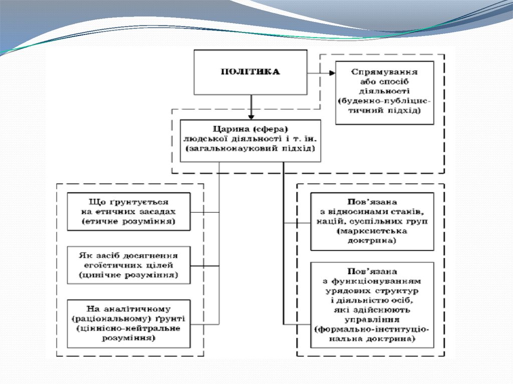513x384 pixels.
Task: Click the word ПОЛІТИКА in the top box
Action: point(250,72)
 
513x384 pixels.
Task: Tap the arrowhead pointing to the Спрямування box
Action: point(332,73)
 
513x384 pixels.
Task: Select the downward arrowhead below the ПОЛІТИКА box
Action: point(250,114)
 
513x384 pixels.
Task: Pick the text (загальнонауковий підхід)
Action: point(250,149)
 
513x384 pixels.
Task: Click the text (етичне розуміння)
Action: point(129,221)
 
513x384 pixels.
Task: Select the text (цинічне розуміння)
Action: point(129,275)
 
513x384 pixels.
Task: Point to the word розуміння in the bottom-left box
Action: point(129,338)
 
